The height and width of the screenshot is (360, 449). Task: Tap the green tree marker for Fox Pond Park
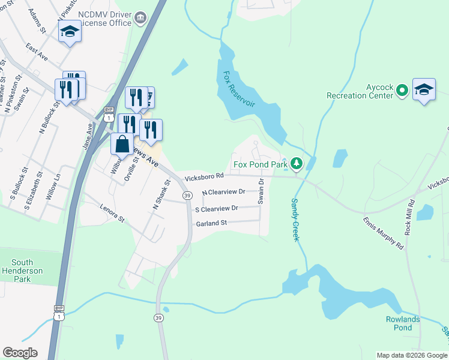point(295,163)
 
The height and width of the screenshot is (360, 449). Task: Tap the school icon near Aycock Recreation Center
point(424,91)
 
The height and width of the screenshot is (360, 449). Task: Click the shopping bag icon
point(122,145)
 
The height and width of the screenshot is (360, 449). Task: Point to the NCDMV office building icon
point(140,18)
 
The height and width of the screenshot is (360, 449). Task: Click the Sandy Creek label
point(295,220)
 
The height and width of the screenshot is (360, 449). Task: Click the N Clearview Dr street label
point(223,192)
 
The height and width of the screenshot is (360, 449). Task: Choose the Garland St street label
point(211,223)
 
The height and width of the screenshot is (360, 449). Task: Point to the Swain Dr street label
point(261,191)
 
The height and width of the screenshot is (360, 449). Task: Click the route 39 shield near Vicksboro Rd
point(187,196)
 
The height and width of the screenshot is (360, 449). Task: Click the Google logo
point(20,353)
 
